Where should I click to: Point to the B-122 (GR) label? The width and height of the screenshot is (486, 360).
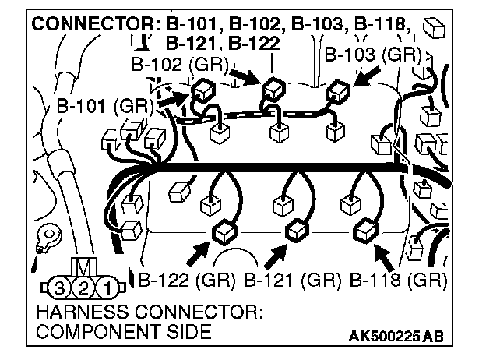tap(188, 278)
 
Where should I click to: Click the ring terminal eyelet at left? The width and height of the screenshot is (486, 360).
tap(50, 233)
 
